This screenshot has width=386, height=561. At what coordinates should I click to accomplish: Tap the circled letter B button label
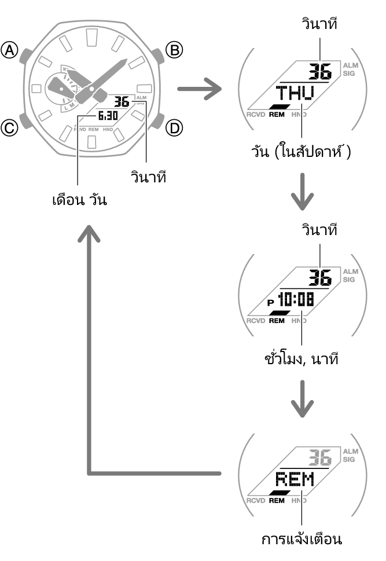pos(174,51)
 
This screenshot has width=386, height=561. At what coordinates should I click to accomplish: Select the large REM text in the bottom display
pos(293,479)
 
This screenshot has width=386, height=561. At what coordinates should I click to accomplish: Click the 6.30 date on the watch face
pos(108,116)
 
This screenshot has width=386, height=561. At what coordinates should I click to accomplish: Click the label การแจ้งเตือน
pos(301,539)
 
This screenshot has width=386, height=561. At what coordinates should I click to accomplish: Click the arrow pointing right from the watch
pos(199,89)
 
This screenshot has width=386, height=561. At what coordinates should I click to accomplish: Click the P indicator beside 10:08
pos(270,302)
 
